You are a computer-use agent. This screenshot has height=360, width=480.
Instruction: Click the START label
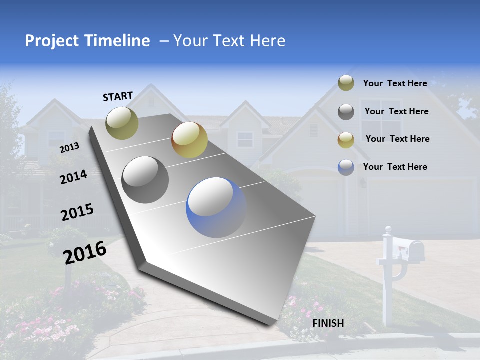[x=118, y=96]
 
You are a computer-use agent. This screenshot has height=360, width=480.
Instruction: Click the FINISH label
[x=328, y=323]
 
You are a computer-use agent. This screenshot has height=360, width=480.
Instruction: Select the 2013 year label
[x=69, y=147]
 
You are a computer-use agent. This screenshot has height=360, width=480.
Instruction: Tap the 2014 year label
[x=73, y=177]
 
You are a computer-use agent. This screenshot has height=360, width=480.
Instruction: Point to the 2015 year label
[x=77, y=212]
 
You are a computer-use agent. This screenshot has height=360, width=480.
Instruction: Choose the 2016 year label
[x=84, y=253]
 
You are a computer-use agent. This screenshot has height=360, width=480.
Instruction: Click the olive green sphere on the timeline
[x=122, y=123]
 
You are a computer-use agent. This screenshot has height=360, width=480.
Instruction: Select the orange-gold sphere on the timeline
[x=189, y=140]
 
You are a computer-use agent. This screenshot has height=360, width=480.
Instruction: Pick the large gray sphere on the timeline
[x=145, y=180]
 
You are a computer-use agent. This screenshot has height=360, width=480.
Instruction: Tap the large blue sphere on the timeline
[x=216, y=207]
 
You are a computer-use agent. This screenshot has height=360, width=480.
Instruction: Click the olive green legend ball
[x=346, y=83]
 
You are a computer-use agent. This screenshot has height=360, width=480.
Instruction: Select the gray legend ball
[x=346, y=112]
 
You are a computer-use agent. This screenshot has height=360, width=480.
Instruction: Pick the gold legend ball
[x=346, y=140]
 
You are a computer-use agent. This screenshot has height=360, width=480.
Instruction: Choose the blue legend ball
[x=346, y=167]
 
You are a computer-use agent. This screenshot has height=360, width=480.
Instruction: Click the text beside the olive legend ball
[x=395, y=83]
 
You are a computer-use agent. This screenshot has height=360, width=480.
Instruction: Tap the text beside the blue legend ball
[x=395, y=167]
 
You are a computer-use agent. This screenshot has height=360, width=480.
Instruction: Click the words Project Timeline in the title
[x=87, y=41]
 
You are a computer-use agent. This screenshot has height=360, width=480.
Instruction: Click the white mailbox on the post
[x=407, y=248]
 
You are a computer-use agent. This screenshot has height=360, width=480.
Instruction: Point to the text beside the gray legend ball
[x=396, y=111]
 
